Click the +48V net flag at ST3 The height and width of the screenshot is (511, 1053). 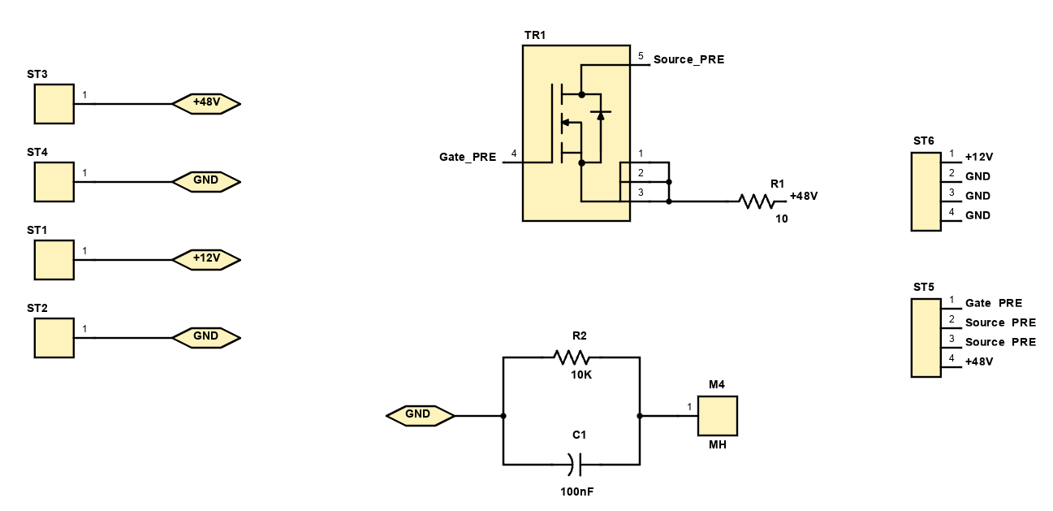coord(206,103)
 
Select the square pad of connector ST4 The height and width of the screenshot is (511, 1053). coord(54,182)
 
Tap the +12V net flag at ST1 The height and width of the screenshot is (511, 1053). coord(206,260)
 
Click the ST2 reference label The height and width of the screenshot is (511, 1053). coord(37,308)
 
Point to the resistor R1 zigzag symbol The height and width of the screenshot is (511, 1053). coord(757,201)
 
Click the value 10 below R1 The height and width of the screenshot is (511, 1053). coord(781,219)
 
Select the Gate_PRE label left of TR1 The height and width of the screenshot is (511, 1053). coord(468,157)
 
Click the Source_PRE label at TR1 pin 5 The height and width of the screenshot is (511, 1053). coord(688,60)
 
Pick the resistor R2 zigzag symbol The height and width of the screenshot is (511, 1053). coord(572,357)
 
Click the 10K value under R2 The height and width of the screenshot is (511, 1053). coord(581,375)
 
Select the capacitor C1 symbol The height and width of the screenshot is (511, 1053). coord(575,465)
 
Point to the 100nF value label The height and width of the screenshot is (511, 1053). coord(576,492)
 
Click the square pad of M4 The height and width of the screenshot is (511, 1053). coord(718,416)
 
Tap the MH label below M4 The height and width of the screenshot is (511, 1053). coord(718,444)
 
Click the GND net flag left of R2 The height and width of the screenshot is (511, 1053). coord(421,416)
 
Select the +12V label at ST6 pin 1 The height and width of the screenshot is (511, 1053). coord(979,157)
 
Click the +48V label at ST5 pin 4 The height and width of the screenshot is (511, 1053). coord(979,362)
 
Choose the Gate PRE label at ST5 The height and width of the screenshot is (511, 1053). coord(994,303)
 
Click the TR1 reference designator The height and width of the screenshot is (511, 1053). coord(535,35)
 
